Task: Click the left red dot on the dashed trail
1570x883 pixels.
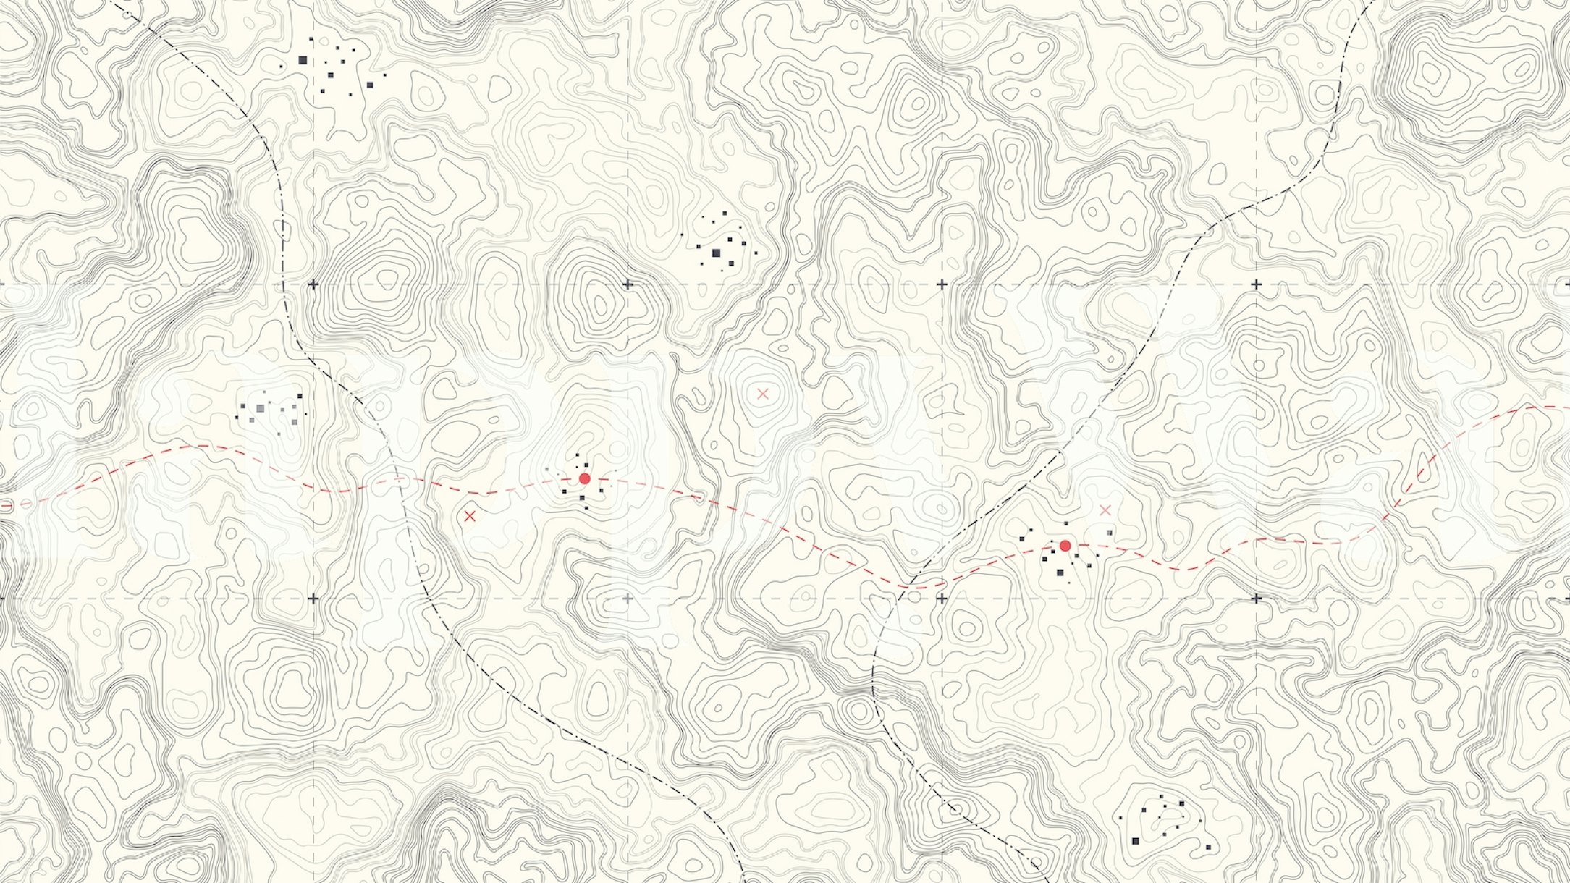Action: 585,478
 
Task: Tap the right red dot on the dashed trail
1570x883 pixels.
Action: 1065,545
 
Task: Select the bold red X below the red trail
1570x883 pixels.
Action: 470,516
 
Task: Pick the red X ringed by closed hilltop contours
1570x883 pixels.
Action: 762,394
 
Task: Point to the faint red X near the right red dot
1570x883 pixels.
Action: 1105,510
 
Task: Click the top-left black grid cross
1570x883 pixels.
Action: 313,284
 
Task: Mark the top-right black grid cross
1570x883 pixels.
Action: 1256,284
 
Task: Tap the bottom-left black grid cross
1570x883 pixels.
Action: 313,599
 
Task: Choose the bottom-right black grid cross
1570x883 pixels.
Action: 1256,599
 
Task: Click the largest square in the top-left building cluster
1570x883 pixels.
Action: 303,61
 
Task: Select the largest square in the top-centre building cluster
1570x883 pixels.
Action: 716,253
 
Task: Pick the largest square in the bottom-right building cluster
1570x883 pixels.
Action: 1135,840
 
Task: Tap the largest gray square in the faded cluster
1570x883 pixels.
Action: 260,409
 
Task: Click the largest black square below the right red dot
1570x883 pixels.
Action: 1060,573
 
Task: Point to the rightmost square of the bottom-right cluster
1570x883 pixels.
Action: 1207,847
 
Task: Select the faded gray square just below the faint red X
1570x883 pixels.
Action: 1109,533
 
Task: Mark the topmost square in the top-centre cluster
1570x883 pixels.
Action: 725,213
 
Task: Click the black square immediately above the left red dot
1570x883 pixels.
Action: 586,465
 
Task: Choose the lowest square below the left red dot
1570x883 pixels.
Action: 586,508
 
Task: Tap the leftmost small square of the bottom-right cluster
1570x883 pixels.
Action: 1120,818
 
